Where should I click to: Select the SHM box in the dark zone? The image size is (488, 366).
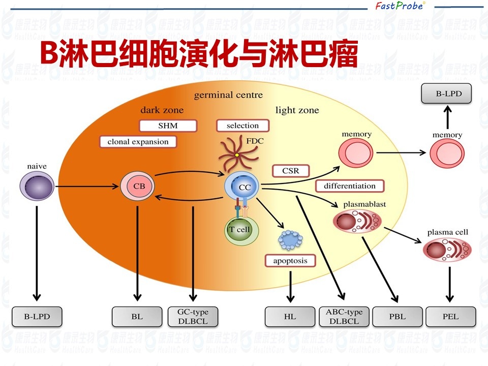(x=160, y=126)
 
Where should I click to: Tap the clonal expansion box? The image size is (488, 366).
(x=138, y=142)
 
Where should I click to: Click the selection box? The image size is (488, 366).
(x=242, y=126)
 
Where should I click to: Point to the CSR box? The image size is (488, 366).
(x=291, y=171)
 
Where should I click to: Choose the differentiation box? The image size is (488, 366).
(x=349, y=186)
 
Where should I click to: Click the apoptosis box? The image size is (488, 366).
(x=290, y=261)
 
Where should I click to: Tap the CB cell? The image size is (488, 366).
(x=138, y=187)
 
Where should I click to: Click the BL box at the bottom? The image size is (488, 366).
(x=137, y=317)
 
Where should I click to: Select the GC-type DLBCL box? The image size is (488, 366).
(x=193, y=316)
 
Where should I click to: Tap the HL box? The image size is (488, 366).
(x=290, y=317)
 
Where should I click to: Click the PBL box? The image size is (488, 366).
(x=397, y=317)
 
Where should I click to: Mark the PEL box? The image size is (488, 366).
(x=450, y=317)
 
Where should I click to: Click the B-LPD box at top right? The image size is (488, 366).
(x=447, y=94)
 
